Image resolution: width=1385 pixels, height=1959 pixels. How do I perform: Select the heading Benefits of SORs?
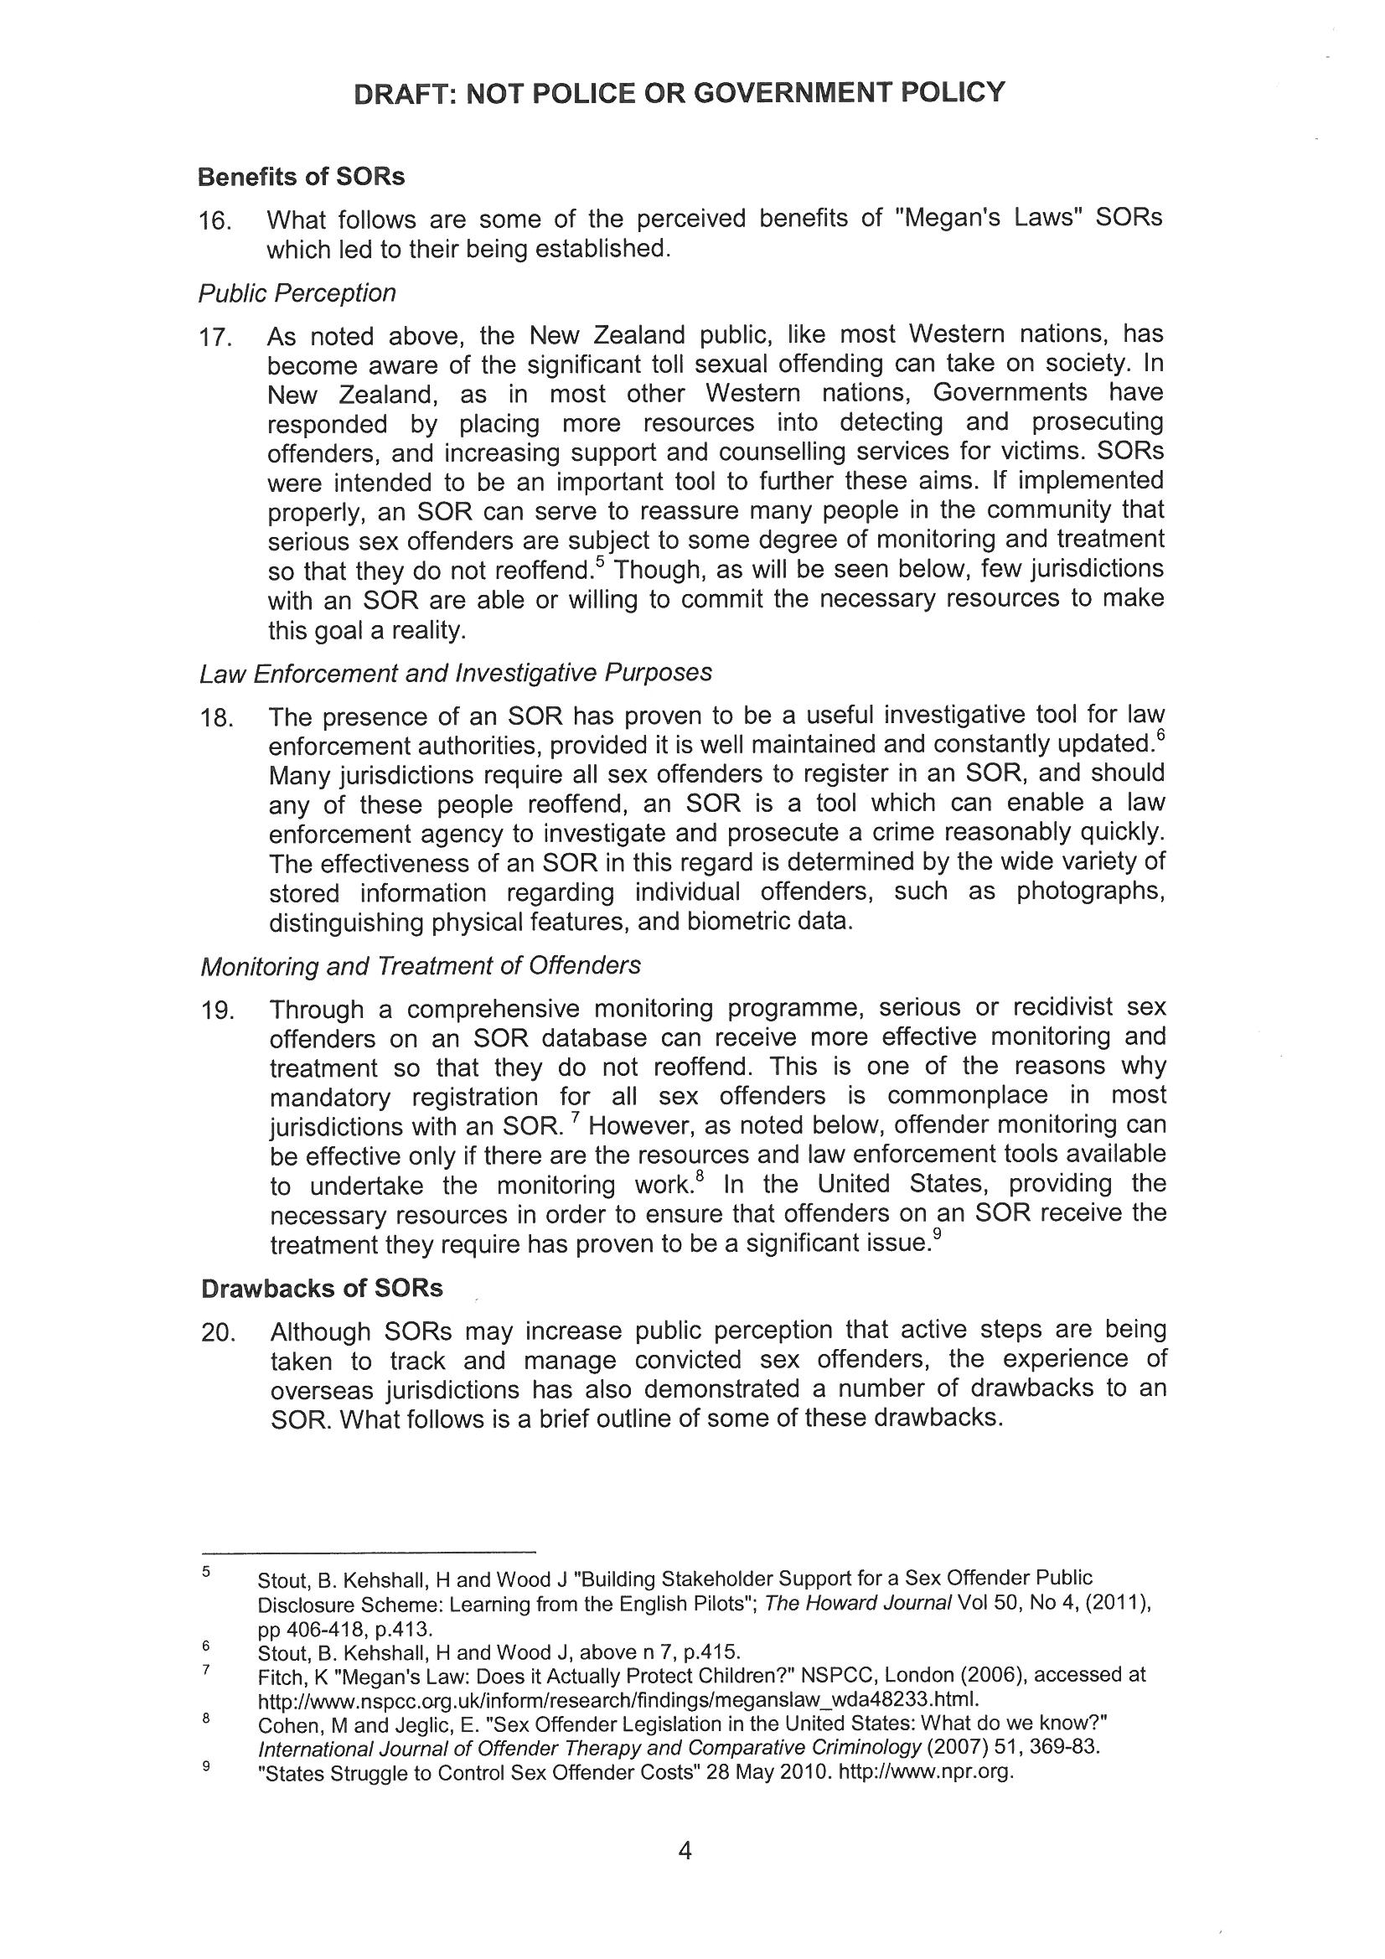(x=301, y=177)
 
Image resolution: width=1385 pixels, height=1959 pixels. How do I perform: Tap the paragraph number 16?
(x=215, y=221)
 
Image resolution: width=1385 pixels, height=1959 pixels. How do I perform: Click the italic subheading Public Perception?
(x=297, y=293)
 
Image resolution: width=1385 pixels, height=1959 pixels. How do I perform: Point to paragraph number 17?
(x=215, y=338)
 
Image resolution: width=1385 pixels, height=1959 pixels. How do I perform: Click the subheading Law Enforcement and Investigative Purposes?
(x=455, y=673)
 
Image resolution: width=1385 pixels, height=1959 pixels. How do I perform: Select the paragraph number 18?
(x=216, y=717)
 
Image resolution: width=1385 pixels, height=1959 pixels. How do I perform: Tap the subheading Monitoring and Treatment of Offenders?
(x=420, y=966)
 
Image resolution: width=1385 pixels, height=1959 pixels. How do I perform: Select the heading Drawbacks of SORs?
(x=322, y=1289)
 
